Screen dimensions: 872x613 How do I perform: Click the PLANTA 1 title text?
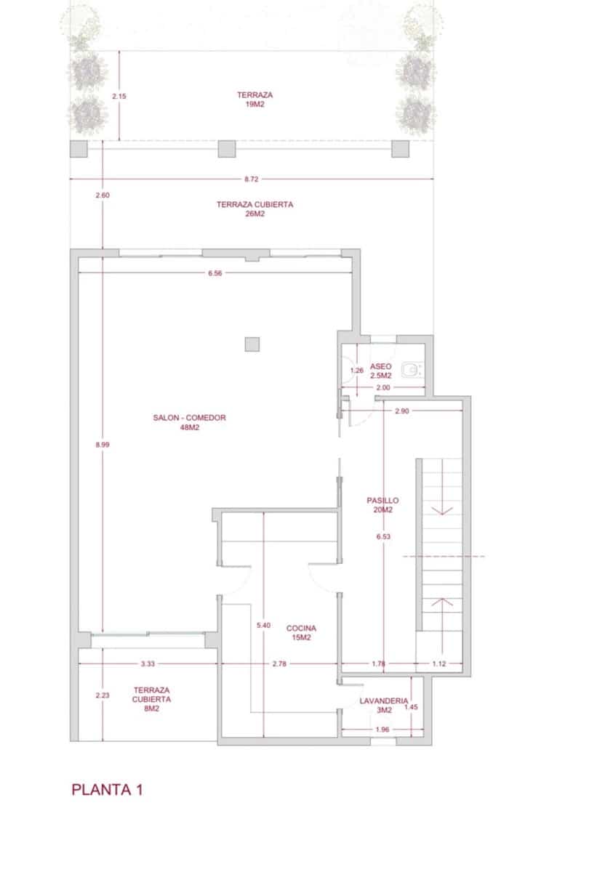tap(107, 790)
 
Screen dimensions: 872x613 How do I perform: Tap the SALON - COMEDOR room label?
tap(189, 422)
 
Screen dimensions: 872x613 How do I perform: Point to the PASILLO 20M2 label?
tap(382, 505)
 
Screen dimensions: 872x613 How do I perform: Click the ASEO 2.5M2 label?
tap(381, 371)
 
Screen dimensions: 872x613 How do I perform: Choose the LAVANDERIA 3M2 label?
tap(383, 706)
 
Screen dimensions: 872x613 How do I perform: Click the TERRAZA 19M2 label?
tap(255, 100)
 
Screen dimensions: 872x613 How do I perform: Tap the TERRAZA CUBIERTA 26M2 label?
tap(255, 209)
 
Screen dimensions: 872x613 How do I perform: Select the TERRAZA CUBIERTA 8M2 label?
tap(151, 698)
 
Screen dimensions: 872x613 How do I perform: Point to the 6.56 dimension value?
tap(215, 273)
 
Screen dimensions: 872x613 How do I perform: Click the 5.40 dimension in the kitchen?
tap(263, 625)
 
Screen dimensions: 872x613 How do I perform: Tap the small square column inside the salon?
tap(252, 344)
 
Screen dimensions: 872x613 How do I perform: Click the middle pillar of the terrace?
tap(228, 149)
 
